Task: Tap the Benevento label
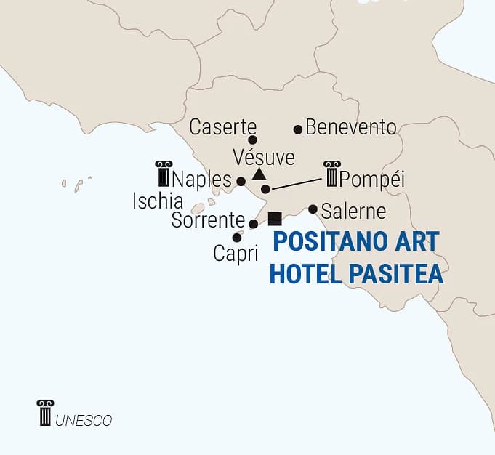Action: pos(351,127)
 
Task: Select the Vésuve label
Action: pos(264,157)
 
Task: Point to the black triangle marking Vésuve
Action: pos(258,174)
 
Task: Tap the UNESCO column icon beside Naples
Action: pos(163,174)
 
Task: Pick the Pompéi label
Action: pos(372,179)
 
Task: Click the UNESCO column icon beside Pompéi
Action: pos(331,174)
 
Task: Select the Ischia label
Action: pos(157,201)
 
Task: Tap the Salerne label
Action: pos(353,212)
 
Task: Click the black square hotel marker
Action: pos(275,219)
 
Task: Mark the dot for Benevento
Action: pos(297,129)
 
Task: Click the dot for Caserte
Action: pos(252,140)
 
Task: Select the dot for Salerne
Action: pos(313,209)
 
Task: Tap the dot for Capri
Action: pos(237,238)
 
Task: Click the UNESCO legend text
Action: pos(84,420)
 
